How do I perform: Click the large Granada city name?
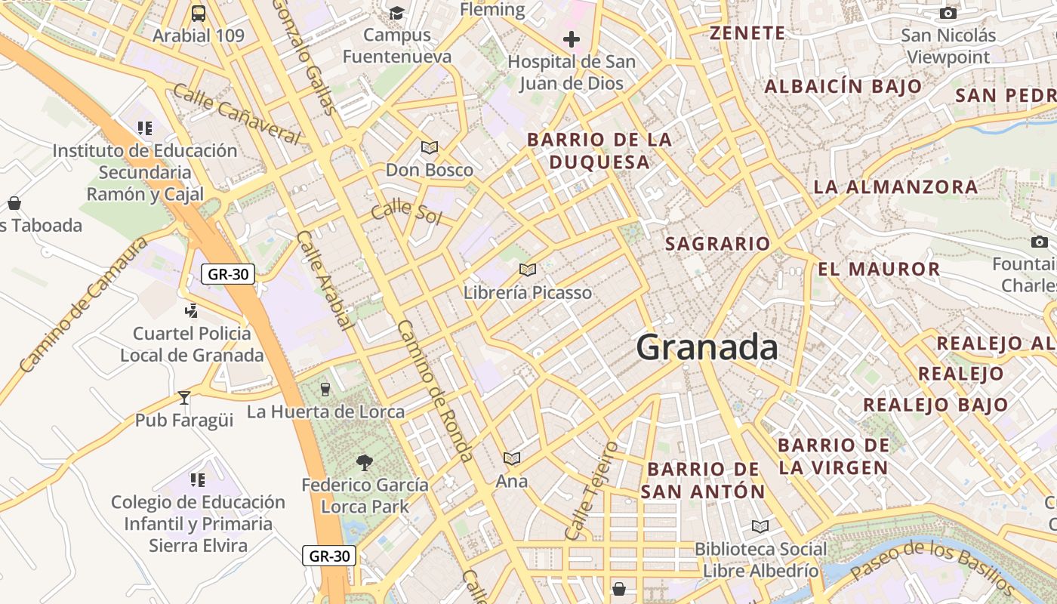coord(707,347)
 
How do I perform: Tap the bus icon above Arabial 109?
coord(199,13)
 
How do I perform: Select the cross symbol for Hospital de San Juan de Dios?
coord(572,39)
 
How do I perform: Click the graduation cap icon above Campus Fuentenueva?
coord(396,13)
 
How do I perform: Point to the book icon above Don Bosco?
coord(430,147)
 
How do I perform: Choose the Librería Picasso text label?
coord(528,292)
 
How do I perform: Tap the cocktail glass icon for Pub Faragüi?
coord(184,397)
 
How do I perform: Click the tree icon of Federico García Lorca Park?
coord(365,462)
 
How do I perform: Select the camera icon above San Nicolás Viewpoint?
coord(948,13)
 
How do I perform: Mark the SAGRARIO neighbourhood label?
coord(717,244)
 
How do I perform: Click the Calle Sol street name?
coord(405,211)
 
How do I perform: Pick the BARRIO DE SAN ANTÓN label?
coord(703,480)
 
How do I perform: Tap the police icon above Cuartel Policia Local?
coord(192,310)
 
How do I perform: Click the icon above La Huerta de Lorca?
coord(325,389)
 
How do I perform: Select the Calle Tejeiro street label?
coord(591,491)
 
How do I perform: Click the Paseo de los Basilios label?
coord(932,565)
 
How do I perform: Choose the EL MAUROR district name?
coord(879,269)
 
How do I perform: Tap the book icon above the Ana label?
coord(512,458)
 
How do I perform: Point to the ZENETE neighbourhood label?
coord(747,33)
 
